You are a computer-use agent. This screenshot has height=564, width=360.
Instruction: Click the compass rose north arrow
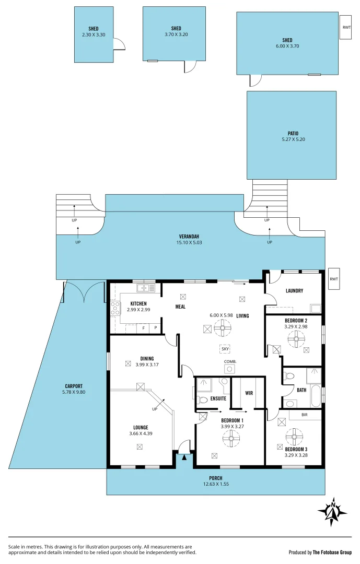pos(332,510)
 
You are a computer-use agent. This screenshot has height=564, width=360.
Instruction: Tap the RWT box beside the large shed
pos(346,27)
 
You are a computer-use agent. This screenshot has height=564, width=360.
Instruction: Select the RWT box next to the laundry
pos(334,279)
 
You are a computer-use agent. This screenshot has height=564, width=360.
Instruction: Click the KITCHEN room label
pos(138,303)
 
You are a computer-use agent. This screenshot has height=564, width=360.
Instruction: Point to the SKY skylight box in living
pos(225,348)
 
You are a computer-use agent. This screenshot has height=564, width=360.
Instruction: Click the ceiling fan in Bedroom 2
pos(296,339)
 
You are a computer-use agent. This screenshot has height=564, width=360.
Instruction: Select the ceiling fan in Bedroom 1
pos(231,438)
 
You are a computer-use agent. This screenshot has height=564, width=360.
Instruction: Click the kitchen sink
pos(146,288)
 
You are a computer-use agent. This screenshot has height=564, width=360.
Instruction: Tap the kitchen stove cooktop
pos(115,308)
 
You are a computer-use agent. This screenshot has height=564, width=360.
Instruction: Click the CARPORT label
pos(74,386)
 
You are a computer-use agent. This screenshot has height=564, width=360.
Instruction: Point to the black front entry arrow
pos(183,458)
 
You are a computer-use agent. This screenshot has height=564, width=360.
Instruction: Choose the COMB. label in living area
pos(230,361)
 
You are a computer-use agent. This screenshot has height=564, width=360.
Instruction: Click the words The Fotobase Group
pos(332,552)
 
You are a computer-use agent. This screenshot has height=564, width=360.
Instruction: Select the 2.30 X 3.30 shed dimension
pos(94,34)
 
